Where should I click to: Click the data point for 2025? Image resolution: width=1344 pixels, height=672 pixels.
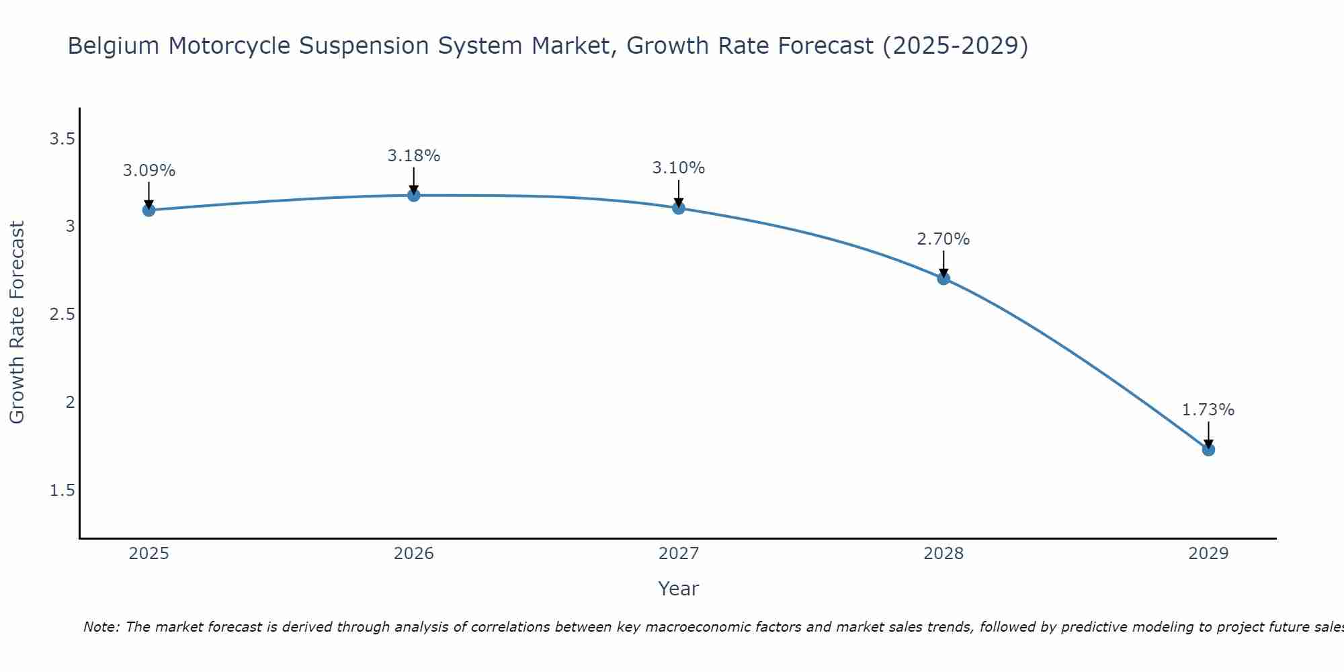tap(149, 210)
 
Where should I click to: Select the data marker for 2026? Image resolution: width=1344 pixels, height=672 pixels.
tap(414, 196)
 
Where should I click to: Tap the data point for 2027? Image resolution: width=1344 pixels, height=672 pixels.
tap(679, 208)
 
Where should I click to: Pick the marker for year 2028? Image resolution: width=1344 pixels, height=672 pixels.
tap(943, 278)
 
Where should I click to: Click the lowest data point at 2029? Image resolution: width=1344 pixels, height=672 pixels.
tap(1208, 450)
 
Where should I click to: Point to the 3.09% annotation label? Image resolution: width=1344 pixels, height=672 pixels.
tap(149, 171)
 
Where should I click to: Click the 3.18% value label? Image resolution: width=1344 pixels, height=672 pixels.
tap(414, 156)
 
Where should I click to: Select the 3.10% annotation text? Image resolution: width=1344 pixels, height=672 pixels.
tap(679, 168)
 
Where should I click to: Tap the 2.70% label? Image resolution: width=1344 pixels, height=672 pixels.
tap(943, 239)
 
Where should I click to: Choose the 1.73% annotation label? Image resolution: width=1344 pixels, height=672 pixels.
tap(1208, 410)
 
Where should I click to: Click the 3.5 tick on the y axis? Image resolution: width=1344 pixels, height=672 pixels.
tap(62, 139)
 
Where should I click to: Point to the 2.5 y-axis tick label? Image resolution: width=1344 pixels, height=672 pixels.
tap(62, 314)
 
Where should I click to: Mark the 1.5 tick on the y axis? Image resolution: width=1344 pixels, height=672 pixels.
tap(62, 491)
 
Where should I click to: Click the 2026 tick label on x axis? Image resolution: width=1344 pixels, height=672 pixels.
tap(414, 554)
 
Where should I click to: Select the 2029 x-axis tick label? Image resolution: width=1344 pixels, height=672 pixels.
tap(1208, 554)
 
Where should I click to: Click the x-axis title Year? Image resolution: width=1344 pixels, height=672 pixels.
tap(679, 589)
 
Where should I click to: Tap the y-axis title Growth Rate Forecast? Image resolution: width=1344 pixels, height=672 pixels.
tap(17, 323)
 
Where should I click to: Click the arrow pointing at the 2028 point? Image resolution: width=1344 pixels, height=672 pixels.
tap(943, 263)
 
